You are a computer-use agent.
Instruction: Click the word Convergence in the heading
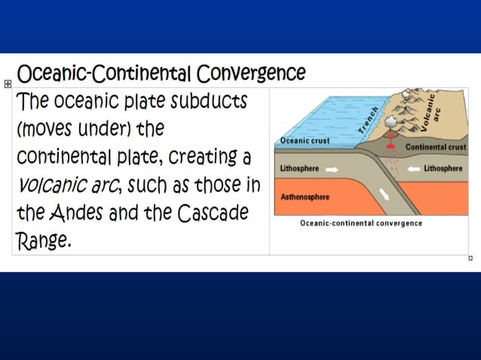tap(251, 74)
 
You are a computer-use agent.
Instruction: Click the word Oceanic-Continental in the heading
tap(105, 74)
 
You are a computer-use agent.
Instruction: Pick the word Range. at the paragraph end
tap(44, 242)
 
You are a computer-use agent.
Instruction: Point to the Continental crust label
tap(435, 147)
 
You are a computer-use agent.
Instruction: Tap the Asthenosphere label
tap(306, 197)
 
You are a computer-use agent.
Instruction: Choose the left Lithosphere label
tap(302, 169)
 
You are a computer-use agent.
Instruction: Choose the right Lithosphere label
tap(443, 169)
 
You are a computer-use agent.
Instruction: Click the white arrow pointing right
tap(332, 169)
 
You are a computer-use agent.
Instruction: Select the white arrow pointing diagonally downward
tap(385, 195)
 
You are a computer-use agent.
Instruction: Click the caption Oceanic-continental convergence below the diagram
tap(360, 224)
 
